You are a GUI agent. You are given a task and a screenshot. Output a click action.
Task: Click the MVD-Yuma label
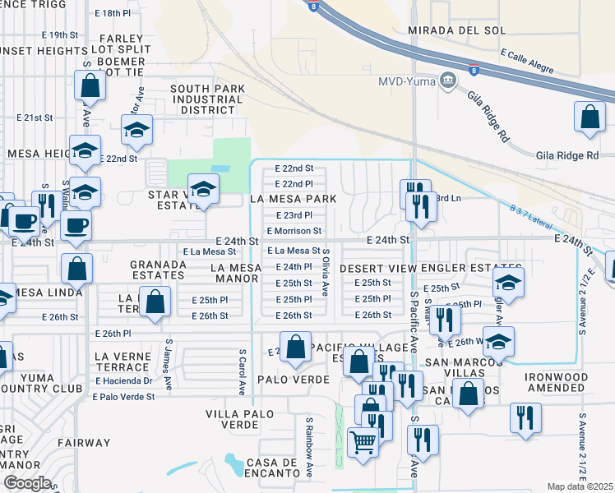pyautogui.click(x=407, y=81)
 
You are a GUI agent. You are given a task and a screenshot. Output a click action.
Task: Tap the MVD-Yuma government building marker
pyautogui.click(x=448, y=81)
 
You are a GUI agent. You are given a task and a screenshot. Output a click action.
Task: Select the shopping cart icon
pyautogui.click(x=363, y=444)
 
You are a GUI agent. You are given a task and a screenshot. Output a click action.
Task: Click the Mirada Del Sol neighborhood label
pyautogui.click(x=462, y=29)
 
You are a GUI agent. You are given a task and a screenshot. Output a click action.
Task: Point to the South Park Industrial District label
pyautogui.click(x=206, y=99)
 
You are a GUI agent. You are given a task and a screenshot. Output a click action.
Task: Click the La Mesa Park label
pyautogui.click(x=294, y=199)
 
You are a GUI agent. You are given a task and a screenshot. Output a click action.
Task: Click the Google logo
pyautogui.click(x=27, y=482)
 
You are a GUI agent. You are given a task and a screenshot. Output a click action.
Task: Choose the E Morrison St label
pyautogui.click(x=294, y=232)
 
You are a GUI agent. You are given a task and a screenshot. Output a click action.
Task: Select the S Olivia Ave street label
pyautogui.click(x=326, y=272)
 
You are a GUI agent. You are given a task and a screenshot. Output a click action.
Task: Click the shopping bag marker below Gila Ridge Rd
pyautogui.click(x=590, y=119)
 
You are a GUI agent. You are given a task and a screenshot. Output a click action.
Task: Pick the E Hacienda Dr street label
pyautogui.click(x=124, y=381)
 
